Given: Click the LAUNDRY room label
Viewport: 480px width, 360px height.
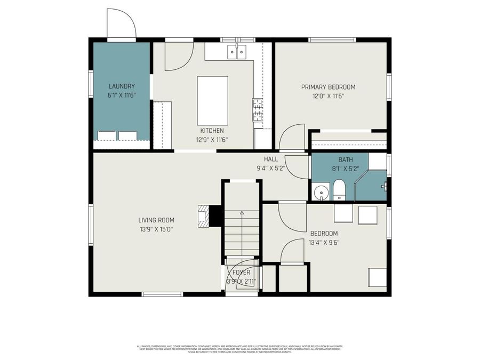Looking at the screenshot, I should tap(122, 86).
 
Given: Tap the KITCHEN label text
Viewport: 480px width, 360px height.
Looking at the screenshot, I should tap(212, 131).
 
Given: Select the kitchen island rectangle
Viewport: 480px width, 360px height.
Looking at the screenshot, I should tap(212, 100).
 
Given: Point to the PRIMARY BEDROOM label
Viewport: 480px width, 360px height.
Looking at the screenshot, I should tap(328, 87).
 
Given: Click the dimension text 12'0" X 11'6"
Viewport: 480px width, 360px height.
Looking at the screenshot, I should tap(328, 96).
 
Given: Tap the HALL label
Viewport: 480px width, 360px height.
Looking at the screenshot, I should tap(271, 159).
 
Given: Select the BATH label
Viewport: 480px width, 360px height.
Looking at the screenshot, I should tap(346, 159).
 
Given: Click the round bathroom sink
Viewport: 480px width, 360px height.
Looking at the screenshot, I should tap(321, 193).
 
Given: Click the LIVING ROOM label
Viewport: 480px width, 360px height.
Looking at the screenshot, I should tap(156, 220).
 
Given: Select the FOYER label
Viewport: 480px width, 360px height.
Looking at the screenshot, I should tap(241, 273).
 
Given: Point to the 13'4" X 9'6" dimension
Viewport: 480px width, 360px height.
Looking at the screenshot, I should tap(324, 242).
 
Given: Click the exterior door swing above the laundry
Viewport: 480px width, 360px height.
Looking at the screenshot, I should tap(122, 24).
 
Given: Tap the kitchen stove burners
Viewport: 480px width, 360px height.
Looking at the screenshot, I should tap(258, 110).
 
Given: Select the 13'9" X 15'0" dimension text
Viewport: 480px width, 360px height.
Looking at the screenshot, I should tap(156, 229).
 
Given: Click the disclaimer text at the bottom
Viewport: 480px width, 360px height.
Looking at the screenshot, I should tap(240, 349).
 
